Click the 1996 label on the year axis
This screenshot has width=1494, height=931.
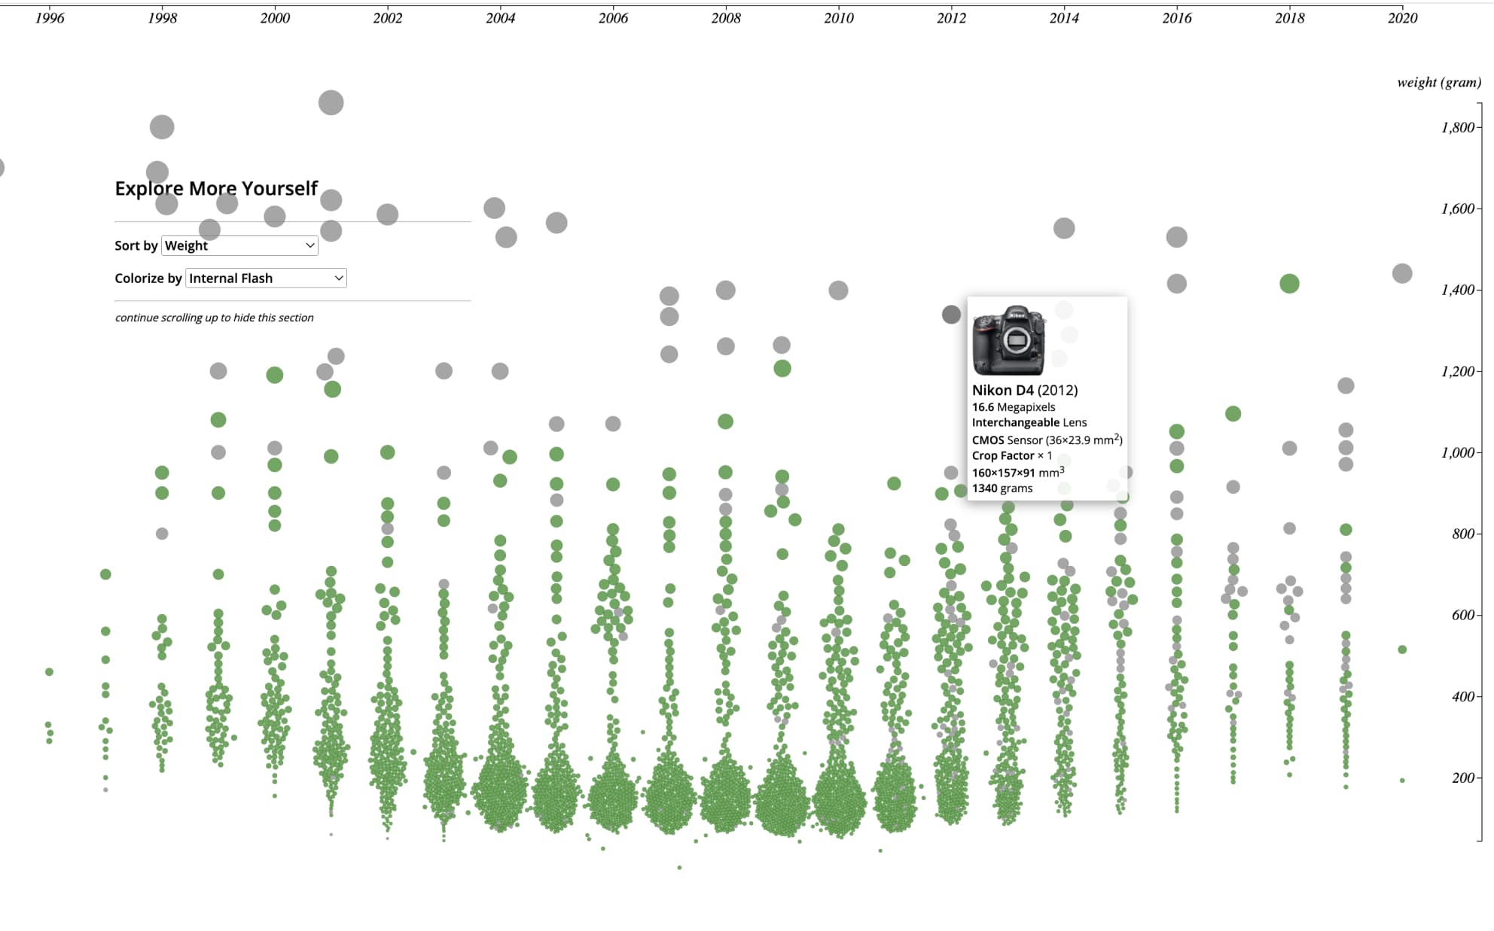coord(50,18)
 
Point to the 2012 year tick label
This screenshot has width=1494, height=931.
coord(951,18)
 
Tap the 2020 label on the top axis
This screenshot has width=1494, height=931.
coord(1402,18)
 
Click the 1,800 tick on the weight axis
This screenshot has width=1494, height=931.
coord(1457,127)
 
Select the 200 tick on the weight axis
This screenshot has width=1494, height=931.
coord(1462,777)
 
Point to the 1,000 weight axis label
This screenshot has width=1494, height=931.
coord(1457,452)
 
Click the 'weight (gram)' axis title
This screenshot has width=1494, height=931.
coord(1438,82)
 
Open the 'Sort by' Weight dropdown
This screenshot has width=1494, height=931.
coord(239,245)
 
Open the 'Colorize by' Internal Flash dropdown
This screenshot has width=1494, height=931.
coord(266,278)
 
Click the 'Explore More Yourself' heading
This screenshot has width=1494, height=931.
coord(216,188)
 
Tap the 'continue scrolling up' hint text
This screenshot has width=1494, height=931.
coord(214,318)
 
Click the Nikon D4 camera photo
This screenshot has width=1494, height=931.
coord(1008,340)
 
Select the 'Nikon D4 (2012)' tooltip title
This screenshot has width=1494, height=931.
coord(1024,390)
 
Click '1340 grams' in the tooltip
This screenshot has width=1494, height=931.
coord(1002,488)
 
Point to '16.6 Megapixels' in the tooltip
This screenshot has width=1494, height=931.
coord(1013,407)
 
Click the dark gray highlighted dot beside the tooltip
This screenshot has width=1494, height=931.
coord(951,315)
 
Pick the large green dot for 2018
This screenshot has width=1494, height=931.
coord(1289,284)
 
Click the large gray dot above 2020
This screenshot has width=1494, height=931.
coord(1401,273)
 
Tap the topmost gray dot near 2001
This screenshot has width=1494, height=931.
coord(331,102)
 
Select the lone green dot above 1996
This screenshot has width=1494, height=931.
coord(49,671)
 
